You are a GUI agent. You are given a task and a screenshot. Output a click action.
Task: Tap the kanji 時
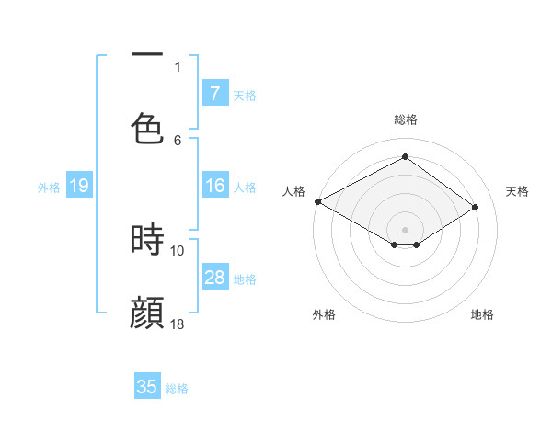click(x=147, y=241)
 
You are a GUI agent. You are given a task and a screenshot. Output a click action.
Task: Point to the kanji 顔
click(x=147, y=313)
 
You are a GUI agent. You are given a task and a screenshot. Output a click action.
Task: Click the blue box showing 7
click(x=215, y=94)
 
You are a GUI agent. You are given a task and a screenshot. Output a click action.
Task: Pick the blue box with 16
click(x=215, y=187)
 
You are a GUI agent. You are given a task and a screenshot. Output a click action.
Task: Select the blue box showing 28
click(x=215, y=278)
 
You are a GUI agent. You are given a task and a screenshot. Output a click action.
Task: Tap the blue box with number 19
click(x=79, y=187)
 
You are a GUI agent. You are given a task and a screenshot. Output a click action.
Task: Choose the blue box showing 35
click(x=147, y=387)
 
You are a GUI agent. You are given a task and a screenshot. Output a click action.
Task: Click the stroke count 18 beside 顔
click(x=178, y=324)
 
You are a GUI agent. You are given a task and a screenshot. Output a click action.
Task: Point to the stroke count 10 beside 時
click(x=178, y=250)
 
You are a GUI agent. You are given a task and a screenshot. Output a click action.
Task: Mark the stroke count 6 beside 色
click(x=178, y=140)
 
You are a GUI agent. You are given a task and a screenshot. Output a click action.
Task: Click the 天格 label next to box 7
click(x=245, y=95)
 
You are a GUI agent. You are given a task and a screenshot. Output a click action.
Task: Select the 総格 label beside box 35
click(x=177, y=389)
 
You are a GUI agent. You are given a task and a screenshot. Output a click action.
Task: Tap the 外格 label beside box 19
click(x=49, y=188)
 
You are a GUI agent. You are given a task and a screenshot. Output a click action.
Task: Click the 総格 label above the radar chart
click(x=405, y=119)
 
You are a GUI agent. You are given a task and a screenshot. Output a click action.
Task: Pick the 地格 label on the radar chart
click(x=482, y=314)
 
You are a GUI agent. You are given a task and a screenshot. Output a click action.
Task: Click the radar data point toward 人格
click(x=317, y=201)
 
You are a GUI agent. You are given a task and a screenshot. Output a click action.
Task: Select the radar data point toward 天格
click(x=476, y=208)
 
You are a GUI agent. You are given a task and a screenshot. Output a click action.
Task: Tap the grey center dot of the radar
click(x=405, y=229)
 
